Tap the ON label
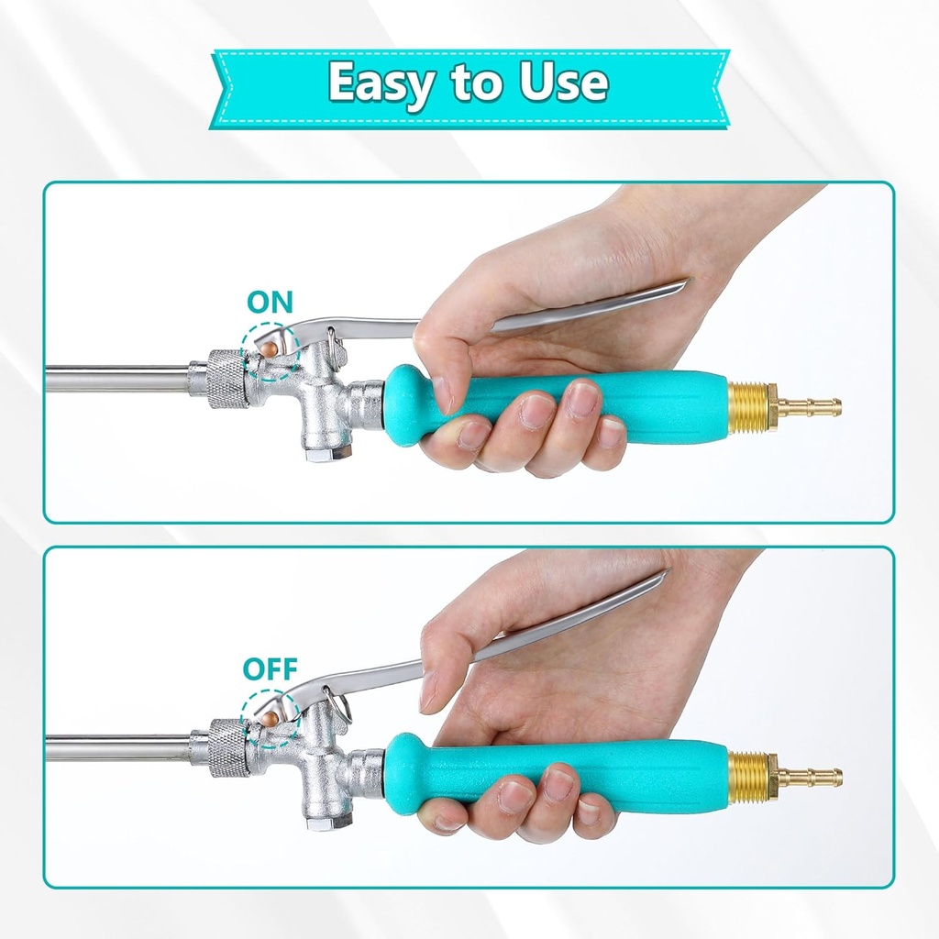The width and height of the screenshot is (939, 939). coord(270,304)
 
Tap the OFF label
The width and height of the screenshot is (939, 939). coord(270,668)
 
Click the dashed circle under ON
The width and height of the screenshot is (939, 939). coord(270,350)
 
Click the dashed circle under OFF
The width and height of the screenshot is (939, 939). coord(270,717)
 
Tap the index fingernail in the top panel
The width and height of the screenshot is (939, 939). coord(442,394)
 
